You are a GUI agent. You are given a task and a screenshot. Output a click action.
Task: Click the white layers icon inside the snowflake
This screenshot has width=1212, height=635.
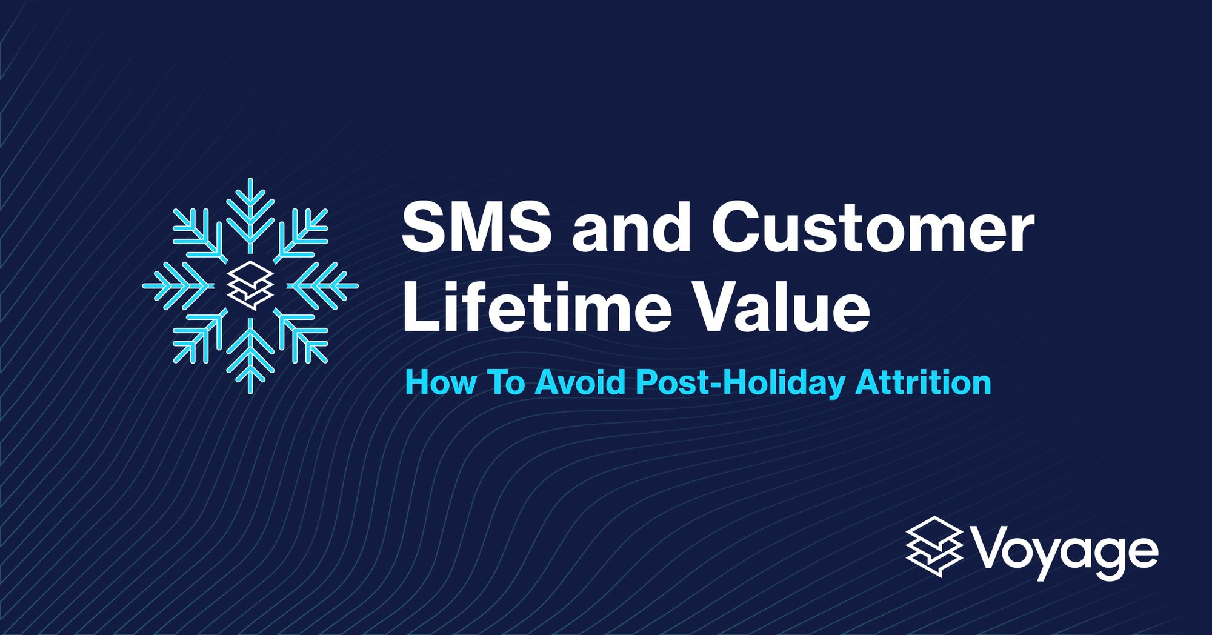(x=250, y=285)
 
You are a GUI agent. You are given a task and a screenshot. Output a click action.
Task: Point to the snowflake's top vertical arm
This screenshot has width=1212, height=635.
(x=250, y=212)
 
